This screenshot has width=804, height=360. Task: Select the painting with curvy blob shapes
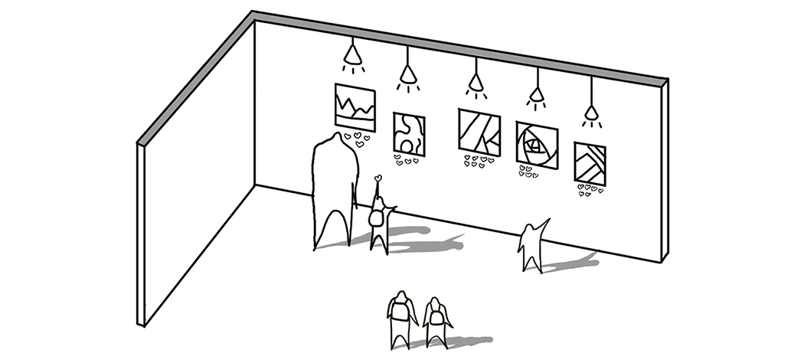(409, 133)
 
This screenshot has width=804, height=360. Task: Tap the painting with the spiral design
(537, 143)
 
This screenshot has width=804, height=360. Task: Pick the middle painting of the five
(479, 132)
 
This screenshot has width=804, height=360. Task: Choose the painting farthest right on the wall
(590, 164)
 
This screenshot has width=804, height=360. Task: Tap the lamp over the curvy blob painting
(407, 74)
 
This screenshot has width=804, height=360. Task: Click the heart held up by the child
(377, 178)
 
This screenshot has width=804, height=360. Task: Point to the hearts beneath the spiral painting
(528, 171)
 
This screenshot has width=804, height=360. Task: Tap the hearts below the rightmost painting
(590, 190)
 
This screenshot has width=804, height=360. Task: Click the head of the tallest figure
(334, 144)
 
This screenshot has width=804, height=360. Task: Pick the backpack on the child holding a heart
(376, 217)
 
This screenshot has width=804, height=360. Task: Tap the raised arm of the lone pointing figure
(545, 223)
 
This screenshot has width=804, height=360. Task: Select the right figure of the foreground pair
(436, 322)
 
